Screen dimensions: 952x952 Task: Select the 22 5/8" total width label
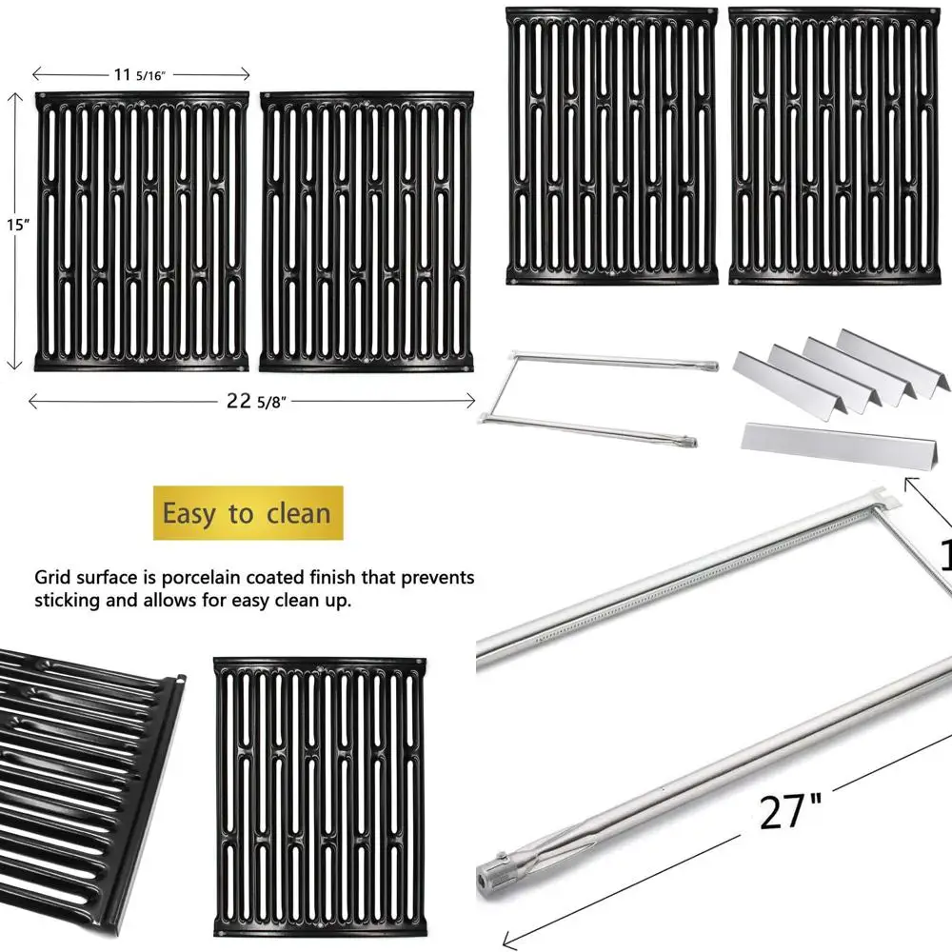click(x=252, y=401)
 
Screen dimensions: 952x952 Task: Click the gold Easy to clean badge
click(x=248, y=514)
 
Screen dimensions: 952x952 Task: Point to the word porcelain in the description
click(x=216, y=578)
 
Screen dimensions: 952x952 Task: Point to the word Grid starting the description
click(x=54, y=578)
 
